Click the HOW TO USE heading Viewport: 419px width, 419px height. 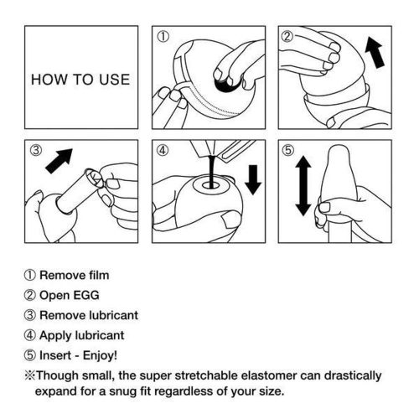point(80,80)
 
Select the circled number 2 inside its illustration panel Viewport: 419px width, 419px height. point(287,38)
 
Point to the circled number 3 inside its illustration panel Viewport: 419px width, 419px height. point(35,153)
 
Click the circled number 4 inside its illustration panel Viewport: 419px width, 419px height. point(163,153)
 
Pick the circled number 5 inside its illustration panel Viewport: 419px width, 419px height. point(287,153)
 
